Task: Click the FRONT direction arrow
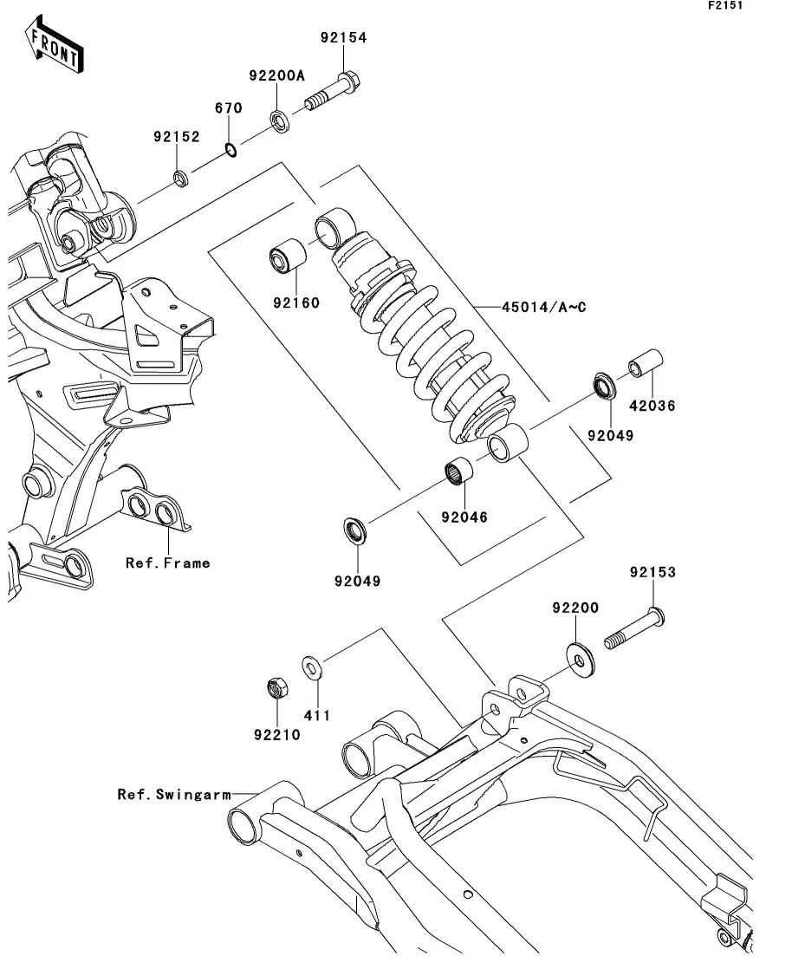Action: [x=55, y=49]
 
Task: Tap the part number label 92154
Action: [x=343, y=38]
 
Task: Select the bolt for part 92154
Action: [x=334, y=96]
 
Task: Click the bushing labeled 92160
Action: [x=285, y=259]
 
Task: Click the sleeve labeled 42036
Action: [x=645, y=366]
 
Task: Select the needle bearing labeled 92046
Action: [x=460, y=472]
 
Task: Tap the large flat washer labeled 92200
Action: [x=578, y=656]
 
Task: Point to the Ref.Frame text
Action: [x=168, y=563]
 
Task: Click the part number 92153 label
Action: [x=652, y=573]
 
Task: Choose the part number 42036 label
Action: [x=652, y=406]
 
